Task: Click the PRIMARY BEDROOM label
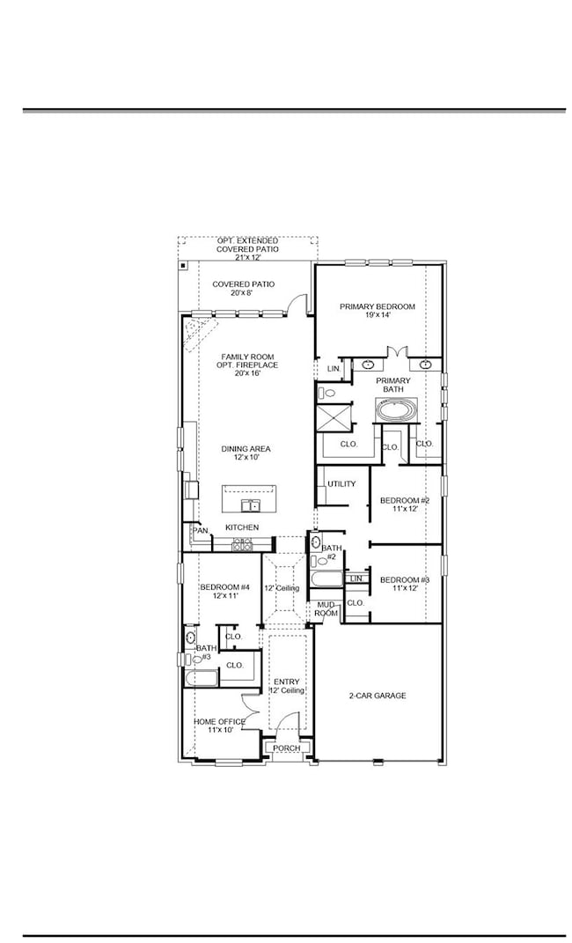click(x=378, y=306)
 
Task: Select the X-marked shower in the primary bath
click(x=334, y=416)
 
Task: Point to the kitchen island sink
click(x=252, y=505)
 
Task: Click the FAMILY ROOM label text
click(x=247, y=357)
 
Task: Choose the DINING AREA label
click(x=246, y=449)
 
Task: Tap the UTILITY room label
click(x=341, y=484)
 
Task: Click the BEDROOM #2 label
click(x=404, y=501)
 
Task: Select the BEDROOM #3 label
click(x=404, y=579)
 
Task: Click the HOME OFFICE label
click(x=219, y=721)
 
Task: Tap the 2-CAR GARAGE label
click(x=378, y=696)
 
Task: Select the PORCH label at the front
click(x=287, y=748)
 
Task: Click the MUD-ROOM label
click(x=326, y=608)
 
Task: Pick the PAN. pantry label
click(x=200, y=531)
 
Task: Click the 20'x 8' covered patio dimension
click(x=243, y=293)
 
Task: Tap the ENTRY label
click(x=287, y=681)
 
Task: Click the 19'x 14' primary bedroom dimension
click(x=378, y=315)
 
